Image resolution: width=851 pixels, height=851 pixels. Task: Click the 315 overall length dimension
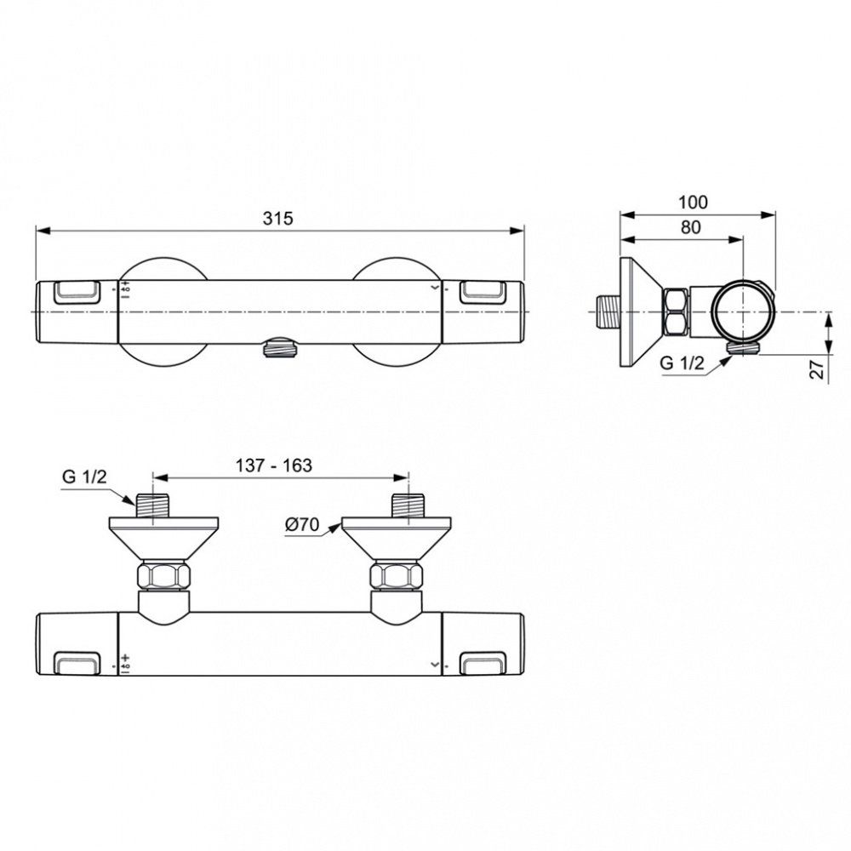[x=278, y=219]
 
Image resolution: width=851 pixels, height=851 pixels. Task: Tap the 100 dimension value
[x=694, y=202]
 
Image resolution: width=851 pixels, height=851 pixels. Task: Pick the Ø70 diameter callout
[x=302, y=525]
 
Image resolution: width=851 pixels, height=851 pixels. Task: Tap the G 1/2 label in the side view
[x=682, y=363]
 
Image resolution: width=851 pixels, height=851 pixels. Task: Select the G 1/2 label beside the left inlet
[x=83, y=477]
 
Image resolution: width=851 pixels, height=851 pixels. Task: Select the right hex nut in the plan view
[x=397, y=576]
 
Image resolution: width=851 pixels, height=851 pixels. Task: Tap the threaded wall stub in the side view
[x=607, y=312]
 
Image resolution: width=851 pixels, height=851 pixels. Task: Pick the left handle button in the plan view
[x=77, y=661]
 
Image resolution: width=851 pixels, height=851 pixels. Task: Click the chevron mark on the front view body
[x=437, y=289]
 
